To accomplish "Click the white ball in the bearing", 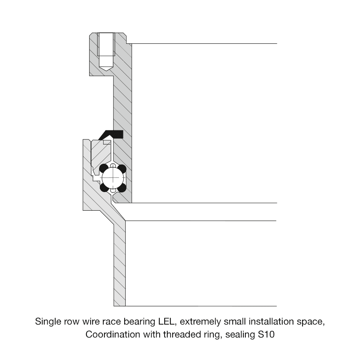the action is pos(113,178).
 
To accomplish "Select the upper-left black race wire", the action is pos(104,168).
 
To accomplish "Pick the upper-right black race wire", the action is pos(122,169).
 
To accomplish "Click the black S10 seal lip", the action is pos(112,134).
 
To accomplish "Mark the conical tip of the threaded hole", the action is pos(106,68).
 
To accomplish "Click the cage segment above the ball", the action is pos(113,165).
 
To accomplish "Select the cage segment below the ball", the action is pos(113,190).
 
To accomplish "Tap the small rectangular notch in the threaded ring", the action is pos(107,142).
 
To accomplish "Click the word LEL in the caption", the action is pos(166,322).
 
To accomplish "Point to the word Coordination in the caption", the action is pos(113,334).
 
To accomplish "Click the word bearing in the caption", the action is pos(139,322).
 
